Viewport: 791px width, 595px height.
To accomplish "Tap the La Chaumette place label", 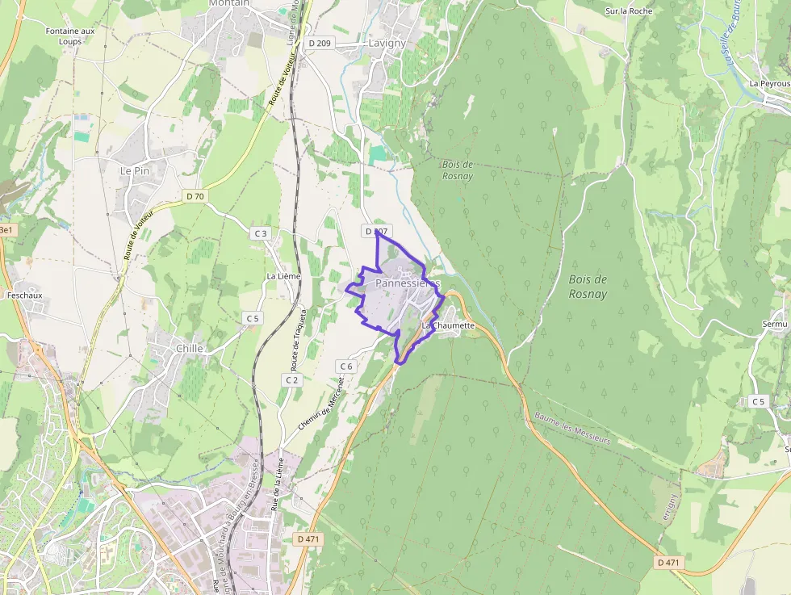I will (x=448, y=325).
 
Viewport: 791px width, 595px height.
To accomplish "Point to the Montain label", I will (x=228, y=3).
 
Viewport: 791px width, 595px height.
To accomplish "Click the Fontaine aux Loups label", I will (x=70, y=36).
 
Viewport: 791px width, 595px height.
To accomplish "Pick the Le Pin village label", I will (x=135, y=171).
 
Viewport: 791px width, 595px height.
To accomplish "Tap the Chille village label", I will (x=190, y=348).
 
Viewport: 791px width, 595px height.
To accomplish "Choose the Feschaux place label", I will (x=23, y=295).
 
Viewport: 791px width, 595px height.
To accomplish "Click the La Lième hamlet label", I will (x=283, y=276).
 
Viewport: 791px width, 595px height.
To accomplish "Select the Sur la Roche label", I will (x=629, y=11).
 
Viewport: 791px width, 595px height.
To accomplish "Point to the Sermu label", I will (x=775, y=324).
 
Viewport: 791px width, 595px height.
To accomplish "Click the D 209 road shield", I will (x=320, y=43).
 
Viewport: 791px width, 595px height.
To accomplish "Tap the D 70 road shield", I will (x=195, y=195).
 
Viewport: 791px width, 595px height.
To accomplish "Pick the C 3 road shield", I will (x=260, y=233).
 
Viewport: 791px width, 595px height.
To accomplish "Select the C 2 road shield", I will (x=291, y=379).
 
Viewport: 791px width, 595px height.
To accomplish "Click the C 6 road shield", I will (x=346, y=366).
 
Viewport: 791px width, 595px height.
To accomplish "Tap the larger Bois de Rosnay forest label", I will (x=588, y=287).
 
